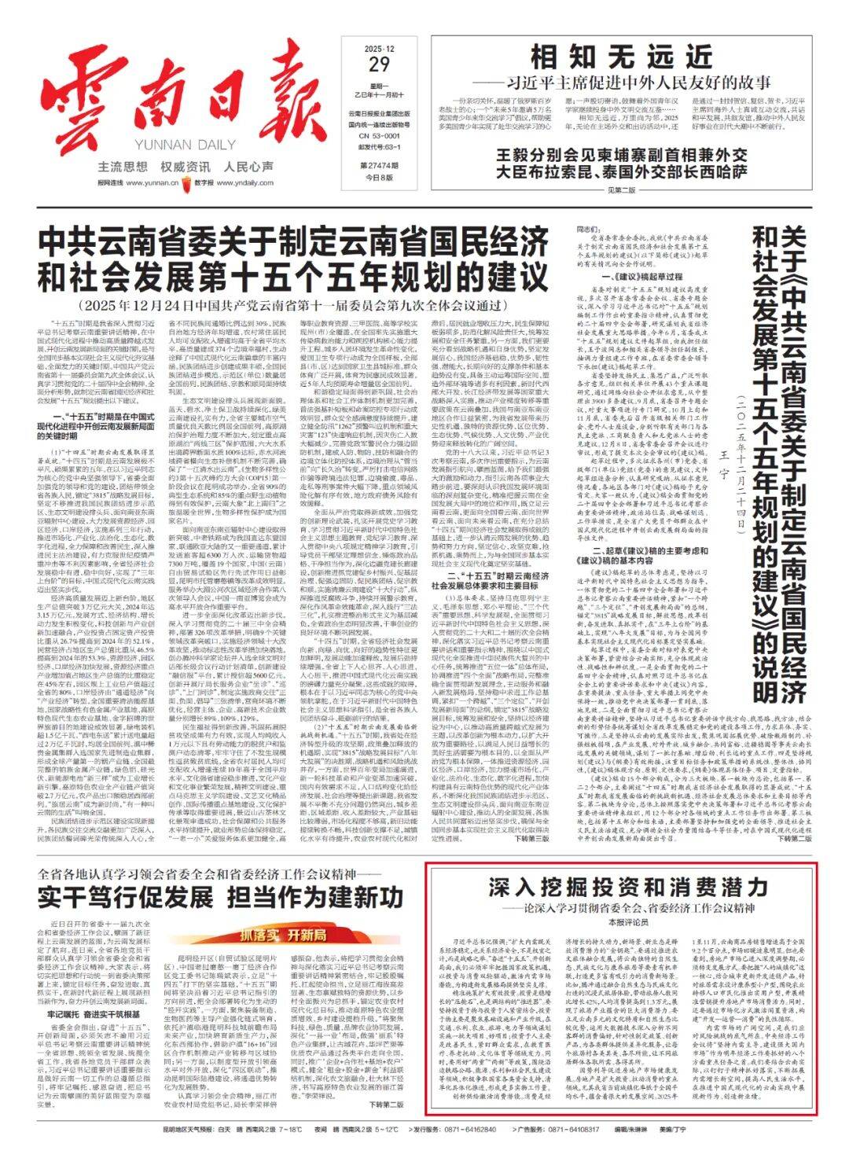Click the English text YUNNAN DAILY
coord(180,145)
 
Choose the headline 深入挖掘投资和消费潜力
coord(627,888)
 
